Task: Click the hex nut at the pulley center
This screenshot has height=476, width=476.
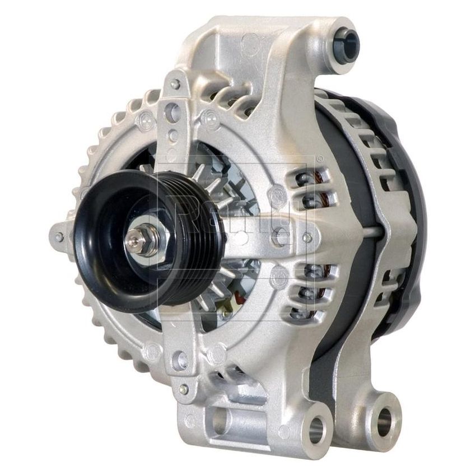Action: click(x=147, y=242)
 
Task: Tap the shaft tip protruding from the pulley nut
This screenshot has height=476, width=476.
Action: click(x=133, y=240)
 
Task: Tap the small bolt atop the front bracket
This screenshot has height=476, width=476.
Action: click(x=175, y=85)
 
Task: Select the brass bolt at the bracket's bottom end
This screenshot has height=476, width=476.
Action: click(x=183, y=389)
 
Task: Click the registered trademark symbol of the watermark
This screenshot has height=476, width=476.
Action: click(x=319, y=158)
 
